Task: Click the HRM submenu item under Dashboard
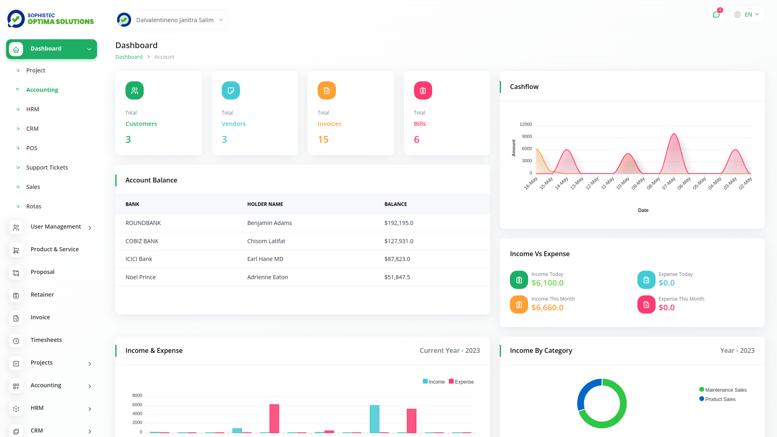click(33, 109)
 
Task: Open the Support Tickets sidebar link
click(47, 168)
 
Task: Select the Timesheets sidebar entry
click(46, 340)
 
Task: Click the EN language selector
click(747, 15)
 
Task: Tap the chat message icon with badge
click(716, 15)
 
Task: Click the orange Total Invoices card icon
click(327, 91)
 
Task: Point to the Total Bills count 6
click(416, 140)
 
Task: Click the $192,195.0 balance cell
click(399, 223)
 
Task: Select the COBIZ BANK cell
click(142, 241)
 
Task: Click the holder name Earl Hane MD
click(265, 259)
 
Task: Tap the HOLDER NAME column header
click(265, 204)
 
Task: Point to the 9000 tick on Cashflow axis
click(527, 136)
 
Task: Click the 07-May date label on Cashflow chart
click(669, 183)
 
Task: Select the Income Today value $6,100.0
click(547, 283)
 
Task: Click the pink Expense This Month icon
click(646, 305)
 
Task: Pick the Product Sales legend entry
click(720, 399)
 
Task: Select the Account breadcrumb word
click(164, 57)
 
